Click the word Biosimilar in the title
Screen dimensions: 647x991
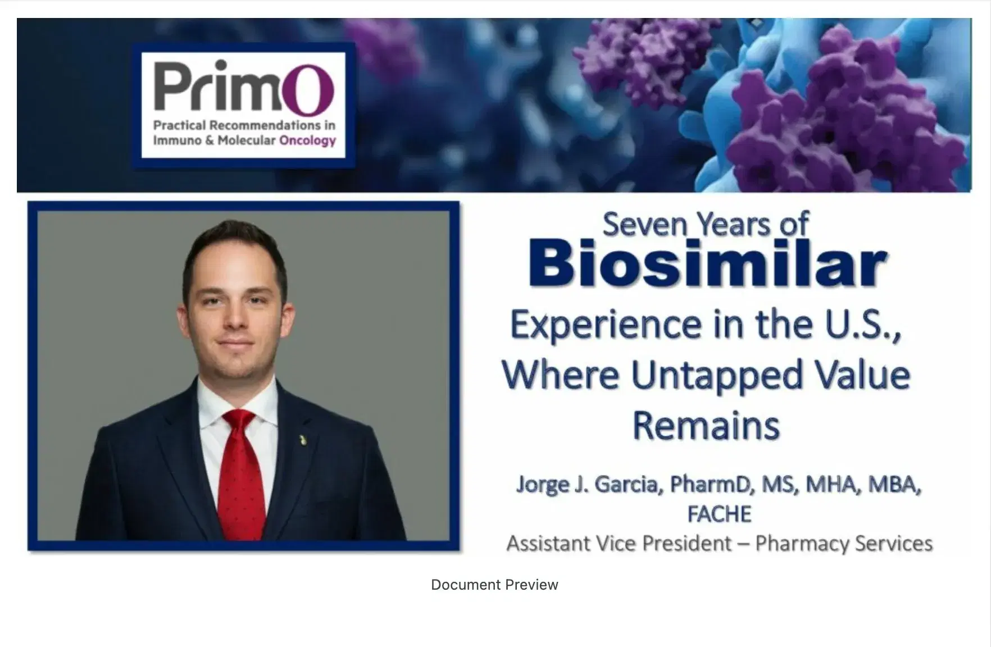pos(707,263)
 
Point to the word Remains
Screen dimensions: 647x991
pos(706,425)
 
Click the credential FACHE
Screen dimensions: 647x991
pos(719,514)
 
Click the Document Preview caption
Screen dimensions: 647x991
pos(494,585)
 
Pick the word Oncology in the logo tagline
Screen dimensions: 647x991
pos(307,140)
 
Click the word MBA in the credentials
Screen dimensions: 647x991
pos(893,484)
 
